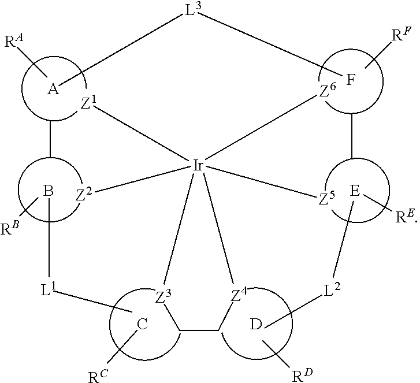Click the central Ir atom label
tap(198, 166)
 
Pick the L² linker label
tap(332, 290)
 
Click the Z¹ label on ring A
tap(88, 103)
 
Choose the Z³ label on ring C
tap(163, 296)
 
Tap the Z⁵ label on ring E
tap(327, 198)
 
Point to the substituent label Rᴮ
tap(9, 228)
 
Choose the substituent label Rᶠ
tap(401, 35)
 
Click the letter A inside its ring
tap(53, 89)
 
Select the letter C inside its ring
tap(142, 324)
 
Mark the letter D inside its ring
tap(256, 324)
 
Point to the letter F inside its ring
tap(350, 80)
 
